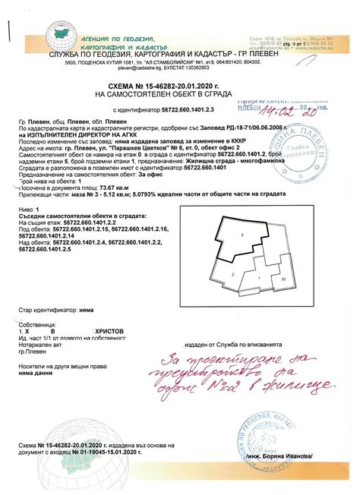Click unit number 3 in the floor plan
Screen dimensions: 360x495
coord(241,237)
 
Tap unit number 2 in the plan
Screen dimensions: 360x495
coord(234,272)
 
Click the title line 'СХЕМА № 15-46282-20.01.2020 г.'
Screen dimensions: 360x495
coord(179,88)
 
